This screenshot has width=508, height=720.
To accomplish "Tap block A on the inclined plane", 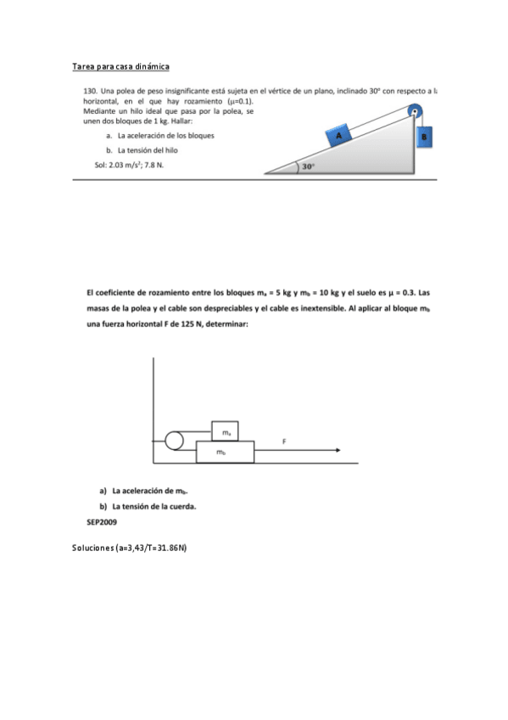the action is tap(339, 136).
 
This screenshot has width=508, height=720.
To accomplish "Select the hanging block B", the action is tap(425, 136).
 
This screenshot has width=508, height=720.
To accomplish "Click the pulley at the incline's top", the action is tap(415, 110).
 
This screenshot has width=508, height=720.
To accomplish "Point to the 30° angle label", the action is tap(309, 166).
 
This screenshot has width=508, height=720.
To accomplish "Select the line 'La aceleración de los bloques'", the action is tap(165, 135).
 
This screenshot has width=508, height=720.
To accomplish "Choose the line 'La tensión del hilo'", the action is tap(151, 149).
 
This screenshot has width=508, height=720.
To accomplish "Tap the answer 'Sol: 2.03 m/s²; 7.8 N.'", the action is tap(130, 165).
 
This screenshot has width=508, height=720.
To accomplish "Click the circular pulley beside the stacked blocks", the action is tap(175, 441).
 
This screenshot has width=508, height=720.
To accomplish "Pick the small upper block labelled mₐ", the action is tap(225, 432).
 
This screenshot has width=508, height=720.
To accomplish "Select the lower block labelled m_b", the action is tap(224, 453).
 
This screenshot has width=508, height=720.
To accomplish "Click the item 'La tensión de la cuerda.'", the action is tap(148, 507).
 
